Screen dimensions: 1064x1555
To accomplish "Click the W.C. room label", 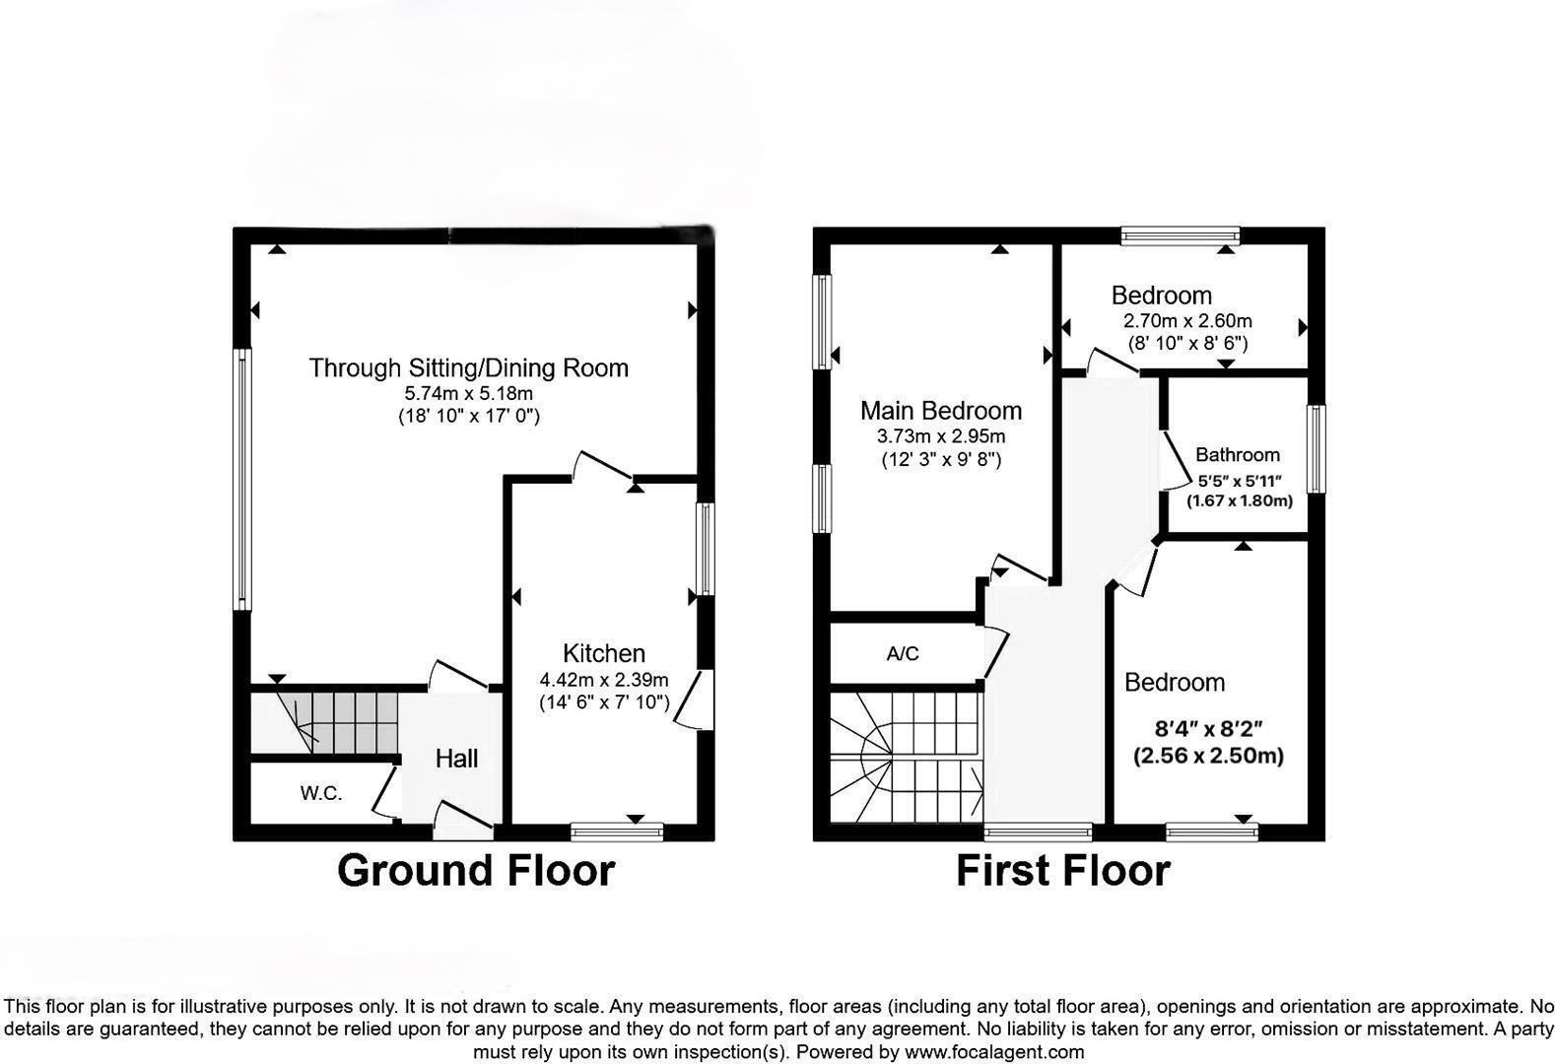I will pos(321,793).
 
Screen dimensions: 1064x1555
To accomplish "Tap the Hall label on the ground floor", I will pos(456,759).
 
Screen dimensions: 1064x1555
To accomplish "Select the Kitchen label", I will pos(604,653).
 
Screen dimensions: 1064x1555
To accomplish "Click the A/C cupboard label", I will pos(903,654).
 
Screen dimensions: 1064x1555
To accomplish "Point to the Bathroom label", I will pos(1238,455).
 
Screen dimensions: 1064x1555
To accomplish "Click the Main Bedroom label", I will pos(940,411).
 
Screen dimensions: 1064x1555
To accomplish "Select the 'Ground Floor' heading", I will pos(476,871).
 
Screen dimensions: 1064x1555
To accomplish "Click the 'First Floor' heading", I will pos(1062,871).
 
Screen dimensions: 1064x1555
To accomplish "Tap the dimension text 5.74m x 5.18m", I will pos(469,393).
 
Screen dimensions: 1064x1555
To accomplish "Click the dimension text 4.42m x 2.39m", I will pos(604,680).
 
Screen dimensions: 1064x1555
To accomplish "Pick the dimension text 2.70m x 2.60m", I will pos(1187,321).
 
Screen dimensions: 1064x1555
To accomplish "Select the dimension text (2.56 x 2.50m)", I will pos(1208,757).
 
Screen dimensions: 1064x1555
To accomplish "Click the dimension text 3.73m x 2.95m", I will pos(941,436).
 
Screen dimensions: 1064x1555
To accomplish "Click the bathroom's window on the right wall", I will pos(1317,448).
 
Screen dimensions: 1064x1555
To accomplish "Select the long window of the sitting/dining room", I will pos(242,479).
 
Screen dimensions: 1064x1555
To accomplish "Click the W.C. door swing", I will pos(385,794).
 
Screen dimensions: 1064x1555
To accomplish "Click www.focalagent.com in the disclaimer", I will pos(994,1052).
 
